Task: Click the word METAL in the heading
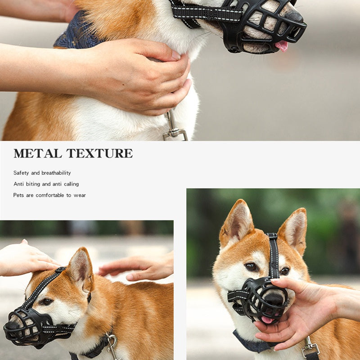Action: [38, 153]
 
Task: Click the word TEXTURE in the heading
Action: [99, 153]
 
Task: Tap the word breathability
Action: [56, 173]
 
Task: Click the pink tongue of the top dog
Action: [282, 46]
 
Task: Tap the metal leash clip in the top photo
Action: [174, 127]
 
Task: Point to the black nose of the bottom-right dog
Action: [276, 298]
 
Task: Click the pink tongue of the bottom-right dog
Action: [267, 320]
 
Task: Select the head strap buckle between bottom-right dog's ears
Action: [272, 236]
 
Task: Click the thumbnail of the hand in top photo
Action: [176, 55]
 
